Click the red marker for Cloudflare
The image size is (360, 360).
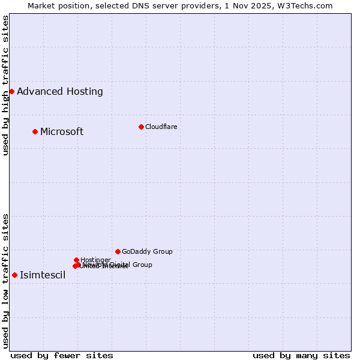coord(141,127)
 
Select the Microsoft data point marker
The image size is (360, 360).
coord(35,131)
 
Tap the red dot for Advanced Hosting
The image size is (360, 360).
coord(11,91)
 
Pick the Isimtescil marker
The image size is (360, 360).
coord(14,275)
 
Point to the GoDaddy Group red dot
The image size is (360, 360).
coord(118,251)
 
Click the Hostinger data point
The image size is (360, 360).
coord(76,260)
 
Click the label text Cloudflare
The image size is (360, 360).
coord(161,127)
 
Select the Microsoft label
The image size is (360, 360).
coord(62,131)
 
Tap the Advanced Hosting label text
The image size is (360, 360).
coord(60,91)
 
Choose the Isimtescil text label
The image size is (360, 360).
coord(43,275)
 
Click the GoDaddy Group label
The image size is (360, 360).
coord(147,251)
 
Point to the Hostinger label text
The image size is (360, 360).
coord(95,260)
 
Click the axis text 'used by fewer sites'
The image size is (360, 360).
coord(62,355)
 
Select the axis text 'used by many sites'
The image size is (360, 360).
coord(301,355)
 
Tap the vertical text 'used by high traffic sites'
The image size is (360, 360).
coord(5,85)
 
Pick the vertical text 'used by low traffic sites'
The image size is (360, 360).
coord(5,280)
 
